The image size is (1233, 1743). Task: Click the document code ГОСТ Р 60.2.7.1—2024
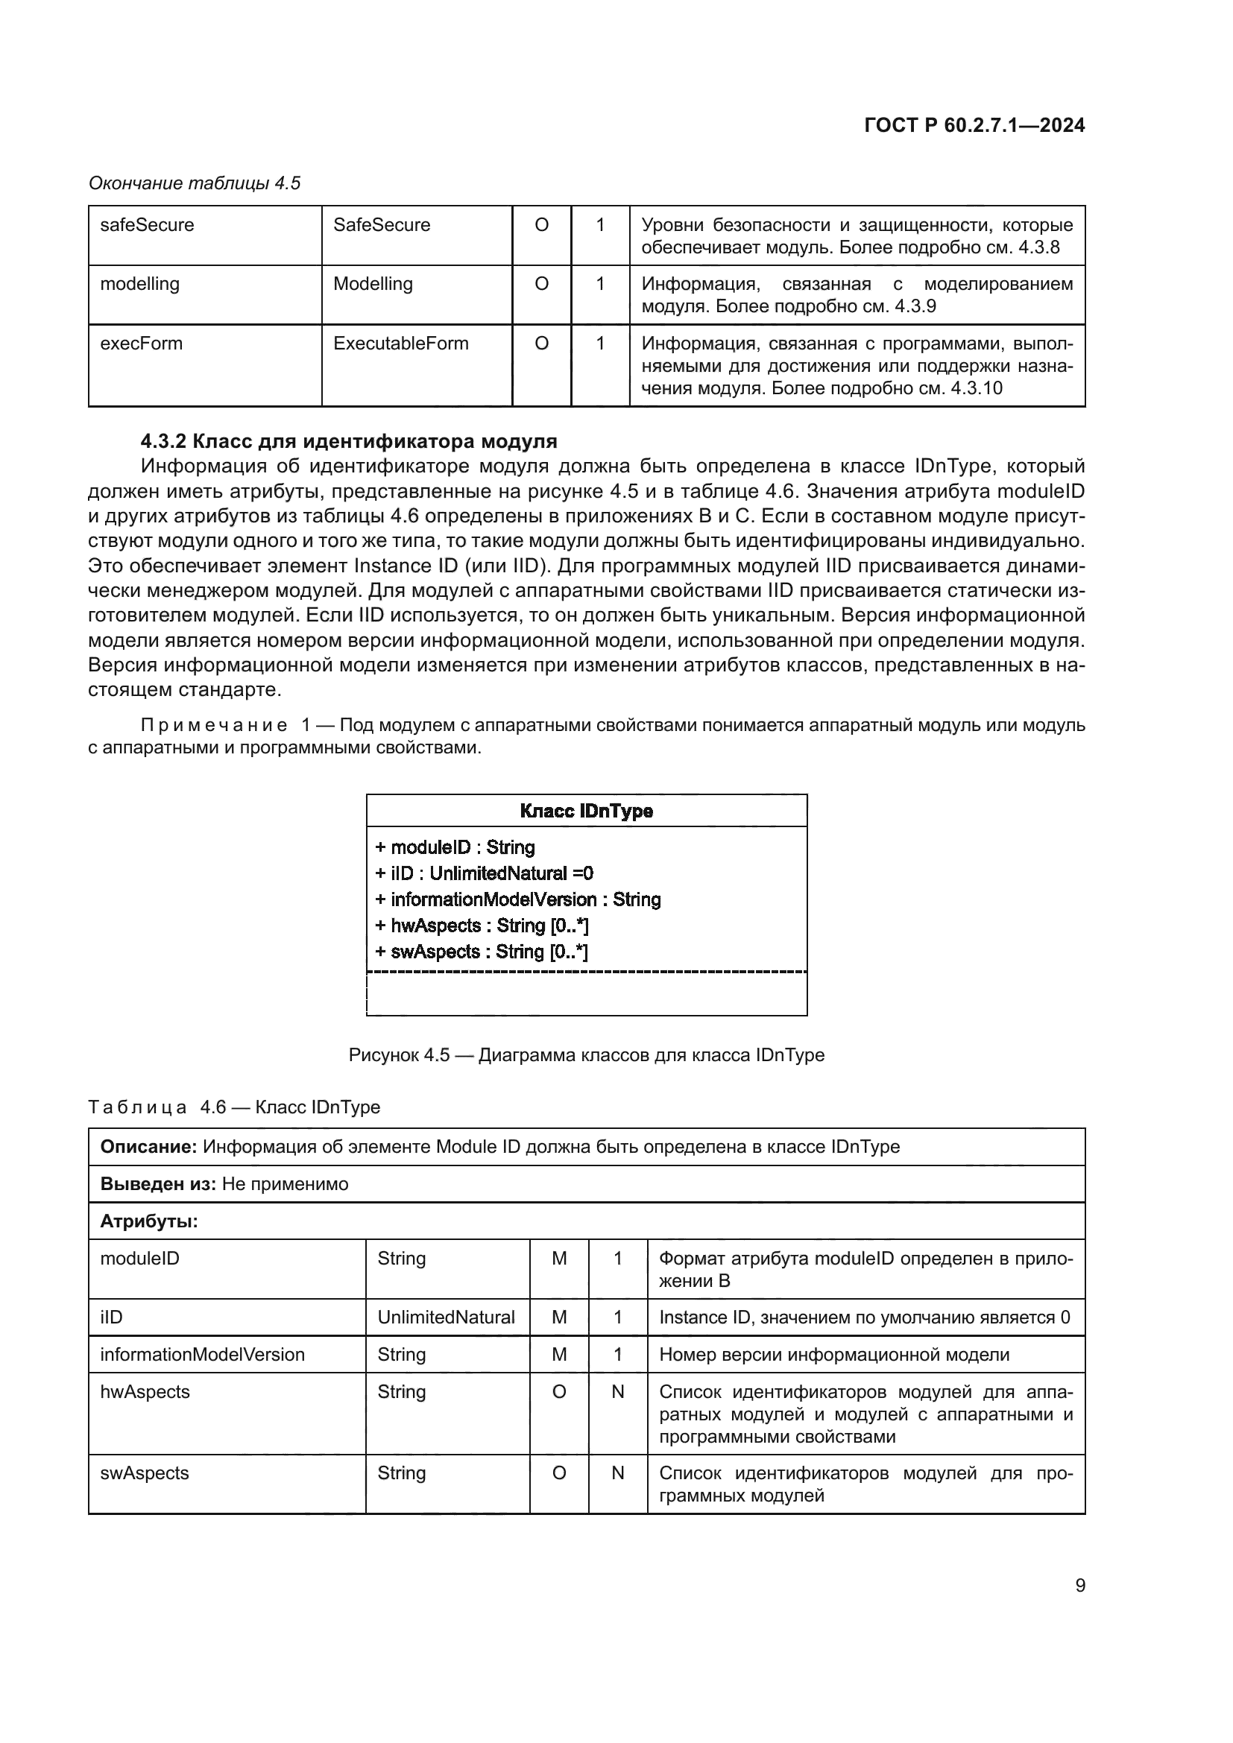click(974, 125)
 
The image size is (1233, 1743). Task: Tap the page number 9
click(1079, 1585)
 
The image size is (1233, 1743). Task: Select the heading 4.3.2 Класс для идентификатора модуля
click(348, 441)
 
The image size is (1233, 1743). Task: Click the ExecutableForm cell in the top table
click(400, 343)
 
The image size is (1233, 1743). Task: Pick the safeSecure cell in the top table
click(148, 225)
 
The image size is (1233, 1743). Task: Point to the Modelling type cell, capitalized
click(373, 284)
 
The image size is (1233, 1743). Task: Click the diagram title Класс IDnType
click(586, 811)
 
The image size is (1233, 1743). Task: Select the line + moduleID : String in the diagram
click(455, 847)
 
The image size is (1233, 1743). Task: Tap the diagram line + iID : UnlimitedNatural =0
click(484, 873)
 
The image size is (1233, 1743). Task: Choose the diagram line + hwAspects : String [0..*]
click(482, 926)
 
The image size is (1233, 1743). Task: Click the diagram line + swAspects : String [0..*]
click(482, 951)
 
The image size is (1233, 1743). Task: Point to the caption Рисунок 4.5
click(586, 1054)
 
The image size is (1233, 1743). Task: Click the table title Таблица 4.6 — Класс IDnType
click(234, 1107)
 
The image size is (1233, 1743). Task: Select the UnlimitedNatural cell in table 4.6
click(446, 1317)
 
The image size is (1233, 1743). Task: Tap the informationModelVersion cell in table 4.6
click(202, 1354)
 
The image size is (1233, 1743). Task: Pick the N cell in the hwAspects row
click(617, 1391)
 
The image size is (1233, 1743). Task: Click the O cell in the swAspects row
click(559, 1472)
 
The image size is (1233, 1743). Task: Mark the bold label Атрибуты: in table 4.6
click(149, 1221)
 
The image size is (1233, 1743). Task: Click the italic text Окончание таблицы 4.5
click(195, 183)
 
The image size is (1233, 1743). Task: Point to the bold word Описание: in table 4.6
click(149, 1146)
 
